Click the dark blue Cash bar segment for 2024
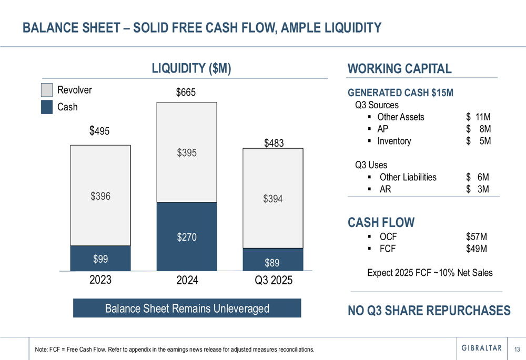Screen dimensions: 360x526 click(187, 236)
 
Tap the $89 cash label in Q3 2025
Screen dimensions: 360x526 click(272, 261)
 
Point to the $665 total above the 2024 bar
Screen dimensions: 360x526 click(186, 92)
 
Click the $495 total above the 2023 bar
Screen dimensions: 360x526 click(100, 130)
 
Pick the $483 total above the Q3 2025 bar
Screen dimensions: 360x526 click(274, 142)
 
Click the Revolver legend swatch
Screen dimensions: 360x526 click(47, 90)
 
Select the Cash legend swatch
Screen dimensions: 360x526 click(47, 107)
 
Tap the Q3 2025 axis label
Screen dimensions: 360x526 click(273, 280)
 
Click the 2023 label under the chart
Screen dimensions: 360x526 click(100, 280)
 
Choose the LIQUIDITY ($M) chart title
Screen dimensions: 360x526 click(191, 68)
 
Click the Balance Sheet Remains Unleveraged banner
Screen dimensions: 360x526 click(187, 308)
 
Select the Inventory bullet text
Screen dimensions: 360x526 click(394, 141)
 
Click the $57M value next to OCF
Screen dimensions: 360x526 click(476, 236)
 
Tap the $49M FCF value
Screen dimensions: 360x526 click(476, 249)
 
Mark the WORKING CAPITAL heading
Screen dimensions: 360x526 click(400, 68)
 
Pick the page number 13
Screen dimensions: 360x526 click(517, 349)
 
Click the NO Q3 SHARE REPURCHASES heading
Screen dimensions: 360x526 click(429, 310)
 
